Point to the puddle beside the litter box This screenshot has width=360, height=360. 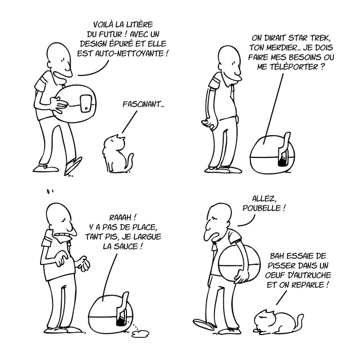(x=138, y=334)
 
